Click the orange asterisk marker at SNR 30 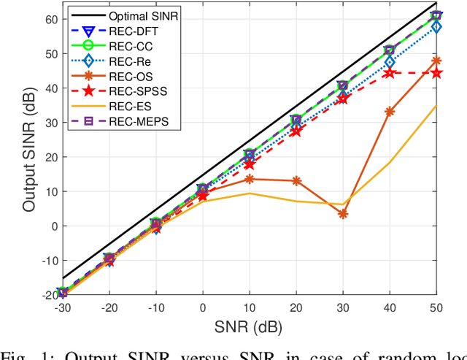[x=343, y=214]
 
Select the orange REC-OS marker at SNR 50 [x=436, y=61]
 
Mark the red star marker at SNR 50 [x=436, y=73]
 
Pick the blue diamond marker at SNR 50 [x=436, y=27]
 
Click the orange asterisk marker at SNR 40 [x=390, y=112]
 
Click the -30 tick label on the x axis [x=62, y=307]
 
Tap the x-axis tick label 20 [x=296, y=307]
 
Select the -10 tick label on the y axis [x=45, y=261]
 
